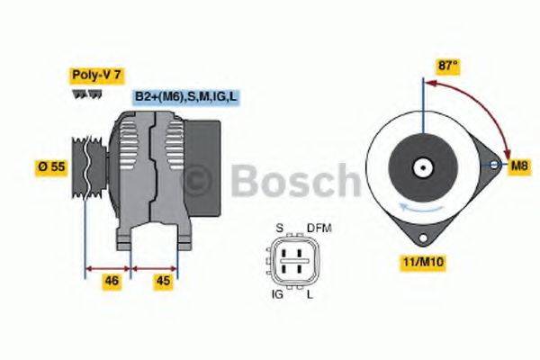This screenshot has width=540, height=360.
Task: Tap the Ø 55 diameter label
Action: pos(49,166)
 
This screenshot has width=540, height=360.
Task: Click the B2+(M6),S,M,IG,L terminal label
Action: pos(185,95)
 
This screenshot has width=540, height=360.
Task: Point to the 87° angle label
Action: pos(447,66)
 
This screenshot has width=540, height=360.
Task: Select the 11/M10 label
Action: pos(417,263)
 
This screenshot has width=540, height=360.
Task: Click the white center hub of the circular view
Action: pos(421,166)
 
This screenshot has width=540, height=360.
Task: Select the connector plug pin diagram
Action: pos(294,260)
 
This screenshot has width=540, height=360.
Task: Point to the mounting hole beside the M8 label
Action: pos(493,165)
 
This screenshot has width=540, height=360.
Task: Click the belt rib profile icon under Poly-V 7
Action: pos(84,94)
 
